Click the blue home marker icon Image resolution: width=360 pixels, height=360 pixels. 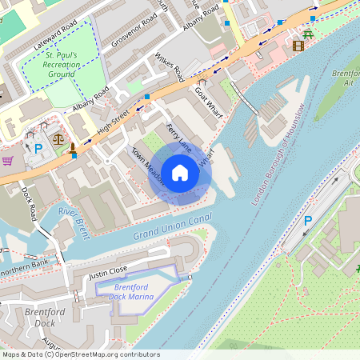click(180, 172)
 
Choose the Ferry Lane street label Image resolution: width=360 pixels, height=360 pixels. click(178, 137)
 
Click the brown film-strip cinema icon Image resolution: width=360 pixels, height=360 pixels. click(298, 46)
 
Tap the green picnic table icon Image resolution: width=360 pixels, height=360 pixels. click(308, 34)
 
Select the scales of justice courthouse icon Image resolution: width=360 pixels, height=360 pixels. click(58, 137)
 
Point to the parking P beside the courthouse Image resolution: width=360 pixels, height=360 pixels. click(38, 148)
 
